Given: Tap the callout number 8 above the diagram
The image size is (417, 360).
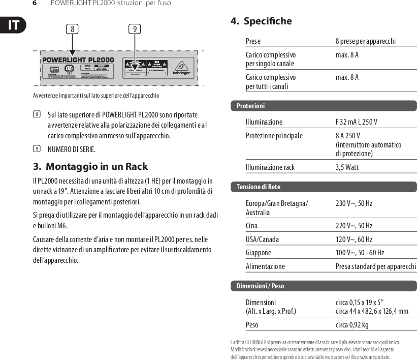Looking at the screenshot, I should pyautogui.click(x=72, y=29).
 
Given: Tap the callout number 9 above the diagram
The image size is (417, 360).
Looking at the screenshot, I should pyautogui.click(x=134, y=29).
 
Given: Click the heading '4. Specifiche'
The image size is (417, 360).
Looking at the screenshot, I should pyautogui.click(x=261, y=21).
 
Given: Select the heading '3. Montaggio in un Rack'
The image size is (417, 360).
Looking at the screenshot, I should pyautogui.click(x=90, y=166).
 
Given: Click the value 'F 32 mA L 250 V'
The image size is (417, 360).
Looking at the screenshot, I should pyautogui.click(x=356, y=122).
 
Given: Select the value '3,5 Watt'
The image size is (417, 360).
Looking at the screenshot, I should pyautogui.click(x=347, y=167).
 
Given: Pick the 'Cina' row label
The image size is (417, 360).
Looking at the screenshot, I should pyautogui.click(x=251, y=226).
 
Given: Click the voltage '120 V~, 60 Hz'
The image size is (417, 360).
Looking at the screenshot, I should pyautogui.click(x=354, y=239).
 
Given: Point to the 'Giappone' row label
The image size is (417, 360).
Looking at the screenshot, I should pyautogui.click(x=258, y=253).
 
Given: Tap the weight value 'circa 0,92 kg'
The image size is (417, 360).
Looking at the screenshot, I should pyautogui.click(x=351, y=325).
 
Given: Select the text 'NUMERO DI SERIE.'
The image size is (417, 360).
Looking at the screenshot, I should pyautogui.click(x=71, y=149).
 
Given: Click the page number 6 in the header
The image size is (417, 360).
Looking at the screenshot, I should pyautogui.click(x=35, y=4).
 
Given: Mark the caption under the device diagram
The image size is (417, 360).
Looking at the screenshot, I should pyautogui.click(x=96, y=96).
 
